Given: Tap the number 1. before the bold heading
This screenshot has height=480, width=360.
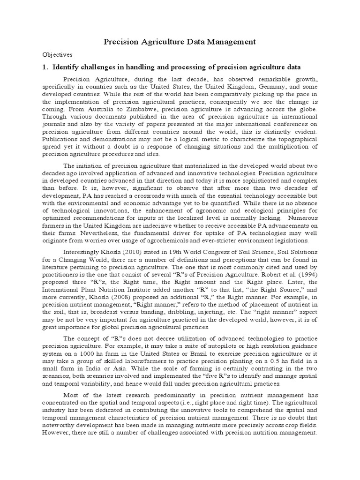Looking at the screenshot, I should [x=45, y=67].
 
